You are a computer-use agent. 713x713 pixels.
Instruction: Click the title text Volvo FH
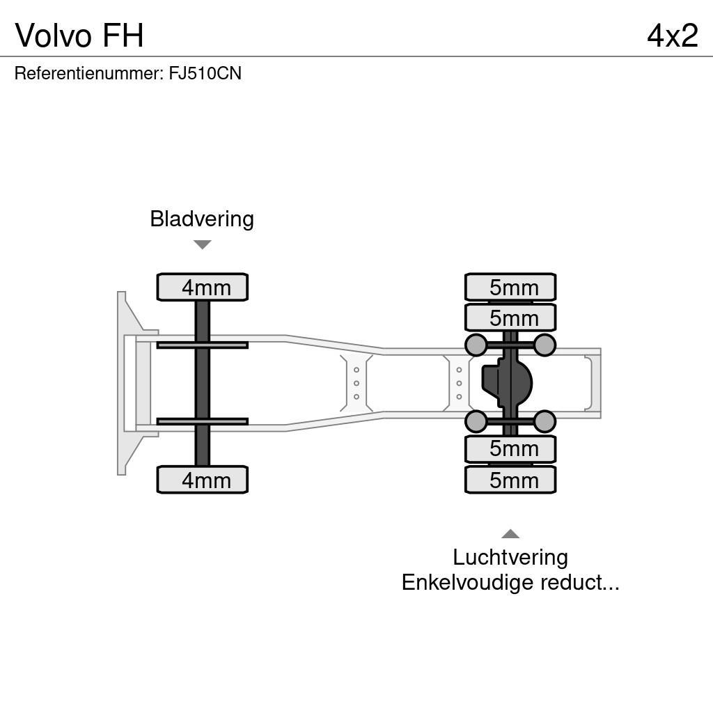pyautogui.click(x=79, y=35)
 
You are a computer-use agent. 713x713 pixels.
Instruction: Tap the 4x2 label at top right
pyautogui.click(x=672, y=35)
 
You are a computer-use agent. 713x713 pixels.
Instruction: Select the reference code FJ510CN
pyautogui.click(x=205, y=73)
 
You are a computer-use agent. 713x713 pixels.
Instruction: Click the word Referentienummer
pyautogui.click(x=88, y=73)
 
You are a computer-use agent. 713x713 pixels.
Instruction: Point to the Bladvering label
pyautogui.click(x=202, y=219)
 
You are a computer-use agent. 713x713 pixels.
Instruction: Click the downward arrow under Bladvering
pyautogui.click(x=202, y=244)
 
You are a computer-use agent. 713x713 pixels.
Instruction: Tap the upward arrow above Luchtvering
pyautogui.click(x=510, y=534)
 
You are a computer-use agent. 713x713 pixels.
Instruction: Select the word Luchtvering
pyautogui.click(x=510, y=557)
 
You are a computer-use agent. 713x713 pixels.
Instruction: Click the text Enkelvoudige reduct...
pyautogui.click(x=510, y=582)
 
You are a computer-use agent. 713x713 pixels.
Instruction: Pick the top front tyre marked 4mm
pyautogui.click(x=203, y=287)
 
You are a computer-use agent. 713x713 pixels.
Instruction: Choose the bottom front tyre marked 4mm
pyautogui.click(x=203, y=480)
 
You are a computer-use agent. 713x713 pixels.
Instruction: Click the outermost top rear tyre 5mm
pyautogui.click(x=510, y=287)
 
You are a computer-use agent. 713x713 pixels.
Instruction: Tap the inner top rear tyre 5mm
pyautogui.click(x=510, y=318)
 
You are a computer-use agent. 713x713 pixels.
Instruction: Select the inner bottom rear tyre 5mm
pyautogui.click(x=510, y=449)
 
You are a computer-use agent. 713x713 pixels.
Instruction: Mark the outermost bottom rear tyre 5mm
pyautogui.click(x=510, y=480)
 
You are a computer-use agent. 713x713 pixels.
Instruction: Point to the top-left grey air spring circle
pyautogui.click(x=476, y=345)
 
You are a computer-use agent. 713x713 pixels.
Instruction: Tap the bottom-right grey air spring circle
pyautogui.click(x=544, y=421)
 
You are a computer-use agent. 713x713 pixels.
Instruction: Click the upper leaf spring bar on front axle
pyautogui.click(x=202, y=345)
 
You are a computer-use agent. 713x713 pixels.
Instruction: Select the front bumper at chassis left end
pyautogui.click(x=129, y=383)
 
